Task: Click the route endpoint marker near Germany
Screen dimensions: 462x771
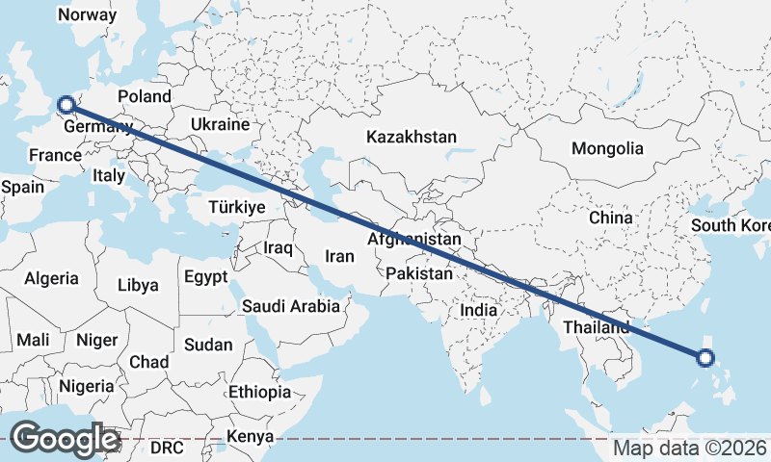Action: tap(66, 105)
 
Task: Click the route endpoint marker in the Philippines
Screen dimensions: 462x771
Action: tap(705, 358)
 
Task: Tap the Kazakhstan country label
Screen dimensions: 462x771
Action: tap(411, 138)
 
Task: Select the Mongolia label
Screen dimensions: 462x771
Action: tap(607, 148)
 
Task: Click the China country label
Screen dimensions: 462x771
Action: tap(611, 218)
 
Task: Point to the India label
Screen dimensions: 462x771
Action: tap(478, 310)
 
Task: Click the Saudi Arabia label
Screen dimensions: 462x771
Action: tap(290, 306)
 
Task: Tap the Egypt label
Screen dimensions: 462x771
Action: tap(205, 277)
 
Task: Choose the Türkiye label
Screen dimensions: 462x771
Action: tap(236, 207)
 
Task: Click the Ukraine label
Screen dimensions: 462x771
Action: tap(220, 125)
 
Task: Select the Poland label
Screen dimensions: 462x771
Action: tap(144, 96)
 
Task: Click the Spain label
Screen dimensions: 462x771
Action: tap(22, 187)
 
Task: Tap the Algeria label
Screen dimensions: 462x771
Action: tap(51, 278)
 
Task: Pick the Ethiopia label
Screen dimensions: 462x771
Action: tap(259, 392)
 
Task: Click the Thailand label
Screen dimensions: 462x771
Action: tap(596, 327)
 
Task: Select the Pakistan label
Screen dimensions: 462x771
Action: tap(418, 274)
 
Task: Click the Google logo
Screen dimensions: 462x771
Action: tap(65, 439)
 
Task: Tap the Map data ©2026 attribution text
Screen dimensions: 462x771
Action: tap(690, 448)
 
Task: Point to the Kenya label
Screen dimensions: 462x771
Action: tap(250, 438)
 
